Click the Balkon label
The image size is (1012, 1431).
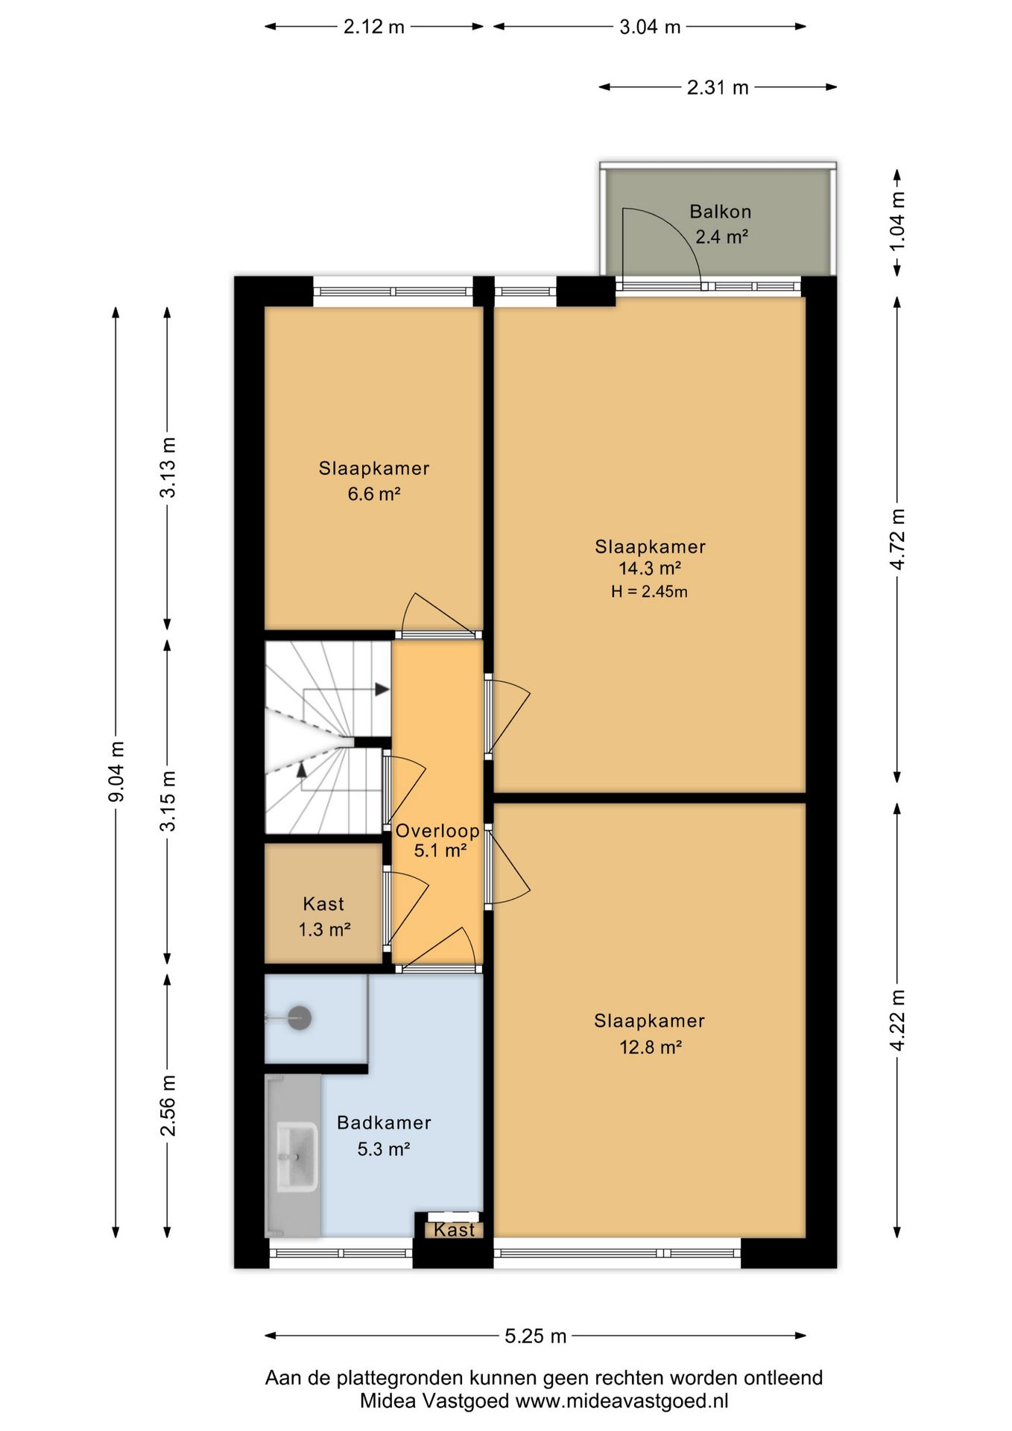[720, 212]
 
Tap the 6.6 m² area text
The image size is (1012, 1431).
[374, 493]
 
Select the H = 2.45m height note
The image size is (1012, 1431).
[649, 592]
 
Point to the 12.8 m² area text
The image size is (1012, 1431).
[651, 1047]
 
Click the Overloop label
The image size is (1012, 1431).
[437, 830]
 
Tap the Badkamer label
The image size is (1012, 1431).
[384, 1122]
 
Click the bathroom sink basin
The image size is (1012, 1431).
[297, 1157]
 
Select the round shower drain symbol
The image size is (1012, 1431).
[300, 1018]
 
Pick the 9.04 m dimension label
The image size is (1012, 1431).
[116, 771]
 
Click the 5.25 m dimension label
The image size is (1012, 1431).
[536, 1336]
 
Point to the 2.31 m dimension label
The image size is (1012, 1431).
[718, 87]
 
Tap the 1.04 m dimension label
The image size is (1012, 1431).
[897, 221]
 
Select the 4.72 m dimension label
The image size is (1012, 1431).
[897, 540]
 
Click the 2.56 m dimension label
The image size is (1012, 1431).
[168, 1105]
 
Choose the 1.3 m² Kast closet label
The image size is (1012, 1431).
[324, 929]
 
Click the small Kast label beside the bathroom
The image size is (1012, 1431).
[454, 1229]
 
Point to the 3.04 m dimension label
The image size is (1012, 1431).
[650, 27]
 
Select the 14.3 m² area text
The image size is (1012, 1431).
[650, 569]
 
